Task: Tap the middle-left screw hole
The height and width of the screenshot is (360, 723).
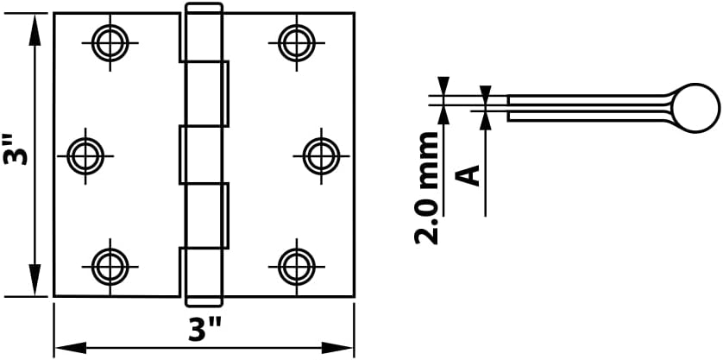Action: click(85, 155)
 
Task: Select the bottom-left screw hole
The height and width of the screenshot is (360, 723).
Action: click(110, 265)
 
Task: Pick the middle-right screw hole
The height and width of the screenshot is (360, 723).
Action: click(321, 155)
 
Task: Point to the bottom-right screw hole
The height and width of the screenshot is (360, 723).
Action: click(296, 265)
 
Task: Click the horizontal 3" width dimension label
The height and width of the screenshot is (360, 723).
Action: click(205, 328)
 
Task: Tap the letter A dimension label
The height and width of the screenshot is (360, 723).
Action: click(468, 175)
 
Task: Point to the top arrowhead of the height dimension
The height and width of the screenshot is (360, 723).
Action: click(35, 22)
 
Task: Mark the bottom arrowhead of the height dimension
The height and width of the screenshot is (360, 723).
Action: click(35, 287)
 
